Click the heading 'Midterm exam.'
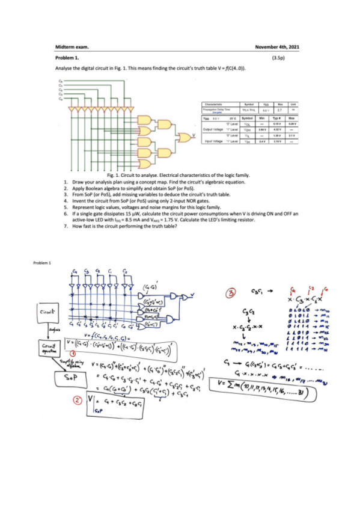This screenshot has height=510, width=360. coord(71,46)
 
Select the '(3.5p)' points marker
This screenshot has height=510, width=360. coord(277,58)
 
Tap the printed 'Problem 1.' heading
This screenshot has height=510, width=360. coord(67,58)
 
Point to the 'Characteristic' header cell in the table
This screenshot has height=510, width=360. coord(215,105)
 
